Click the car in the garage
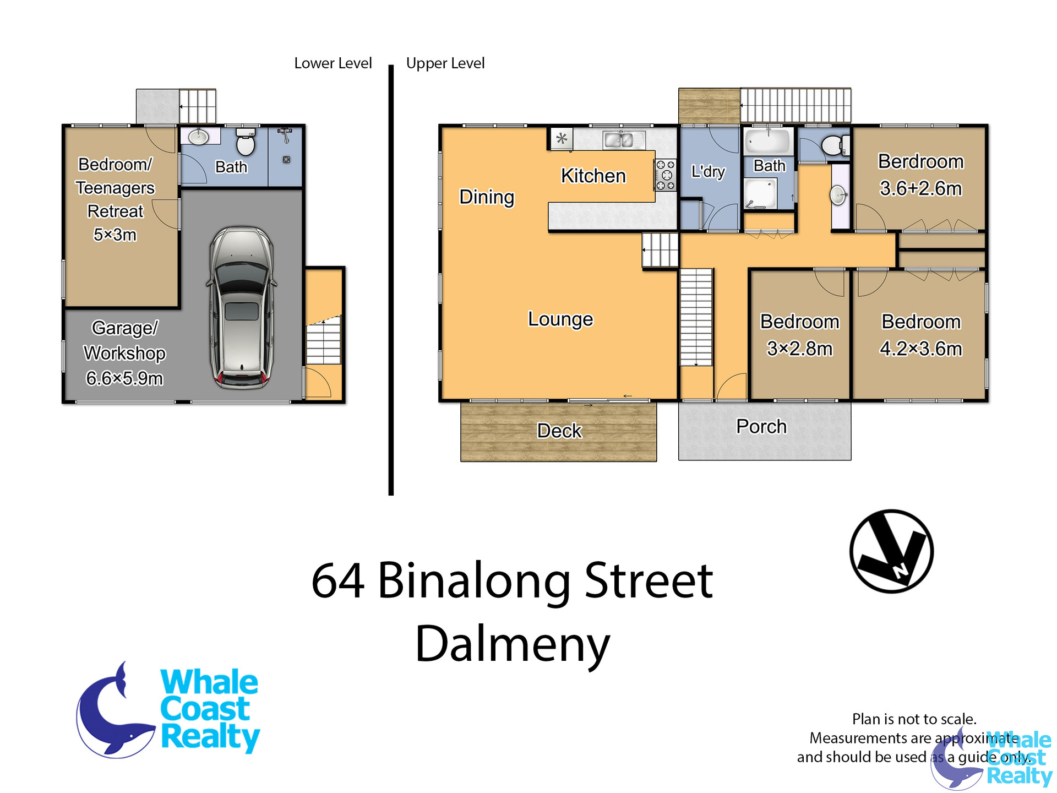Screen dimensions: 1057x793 (x=241, y=307)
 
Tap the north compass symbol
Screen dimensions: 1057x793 (x=891, y=551)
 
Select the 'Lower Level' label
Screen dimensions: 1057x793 (x=333, y=63)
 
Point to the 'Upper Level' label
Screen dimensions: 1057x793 (x=445, y=64)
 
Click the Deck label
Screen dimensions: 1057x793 (x=559, y=431)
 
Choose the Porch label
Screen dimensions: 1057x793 (x=761, y=426)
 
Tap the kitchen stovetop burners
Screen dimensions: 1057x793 (x=665, y=175)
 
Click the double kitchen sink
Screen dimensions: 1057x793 (x=619, y=140)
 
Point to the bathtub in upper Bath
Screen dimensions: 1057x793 (x=768, y=142)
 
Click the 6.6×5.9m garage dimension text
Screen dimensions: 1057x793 (x=124, y=378)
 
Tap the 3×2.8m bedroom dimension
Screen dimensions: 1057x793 (x=799, y=349)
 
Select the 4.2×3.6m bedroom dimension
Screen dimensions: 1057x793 (x=921, y=349)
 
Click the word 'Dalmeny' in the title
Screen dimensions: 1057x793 (x=513, y=645)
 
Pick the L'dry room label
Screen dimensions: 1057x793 (x=708, y=172)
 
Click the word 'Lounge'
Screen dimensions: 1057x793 (x=560, y=319)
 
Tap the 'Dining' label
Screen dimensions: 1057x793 (x=487, y=197)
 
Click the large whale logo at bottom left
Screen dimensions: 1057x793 (x=167, y=710)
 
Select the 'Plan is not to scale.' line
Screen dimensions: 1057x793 (x=914, y=719)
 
